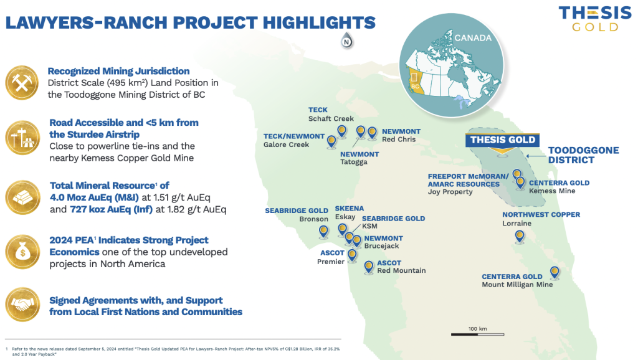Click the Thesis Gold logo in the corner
click(595, 18)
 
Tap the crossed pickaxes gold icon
click(22, 83)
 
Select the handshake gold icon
click(23, 305)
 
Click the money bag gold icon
click(23, 252)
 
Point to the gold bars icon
click(23, 197)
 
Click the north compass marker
click(346, 40)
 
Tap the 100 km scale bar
click(478, 334)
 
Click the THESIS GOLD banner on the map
click(503, 140)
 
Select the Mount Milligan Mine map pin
click(555, 273)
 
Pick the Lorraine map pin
click(520, 236)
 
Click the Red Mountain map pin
click(369, 267)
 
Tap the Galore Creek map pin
click(331, 141)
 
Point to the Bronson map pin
click(323, 232)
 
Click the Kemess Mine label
click(552, 191)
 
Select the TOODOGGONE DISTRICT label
click(583, 155)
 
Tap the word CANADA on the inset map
click(473, 38)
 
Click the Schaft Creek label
click(331, 118)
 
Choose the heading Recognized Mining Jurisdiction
click(118, 71)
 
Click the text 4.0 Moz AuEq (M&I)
click(94, 197)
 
